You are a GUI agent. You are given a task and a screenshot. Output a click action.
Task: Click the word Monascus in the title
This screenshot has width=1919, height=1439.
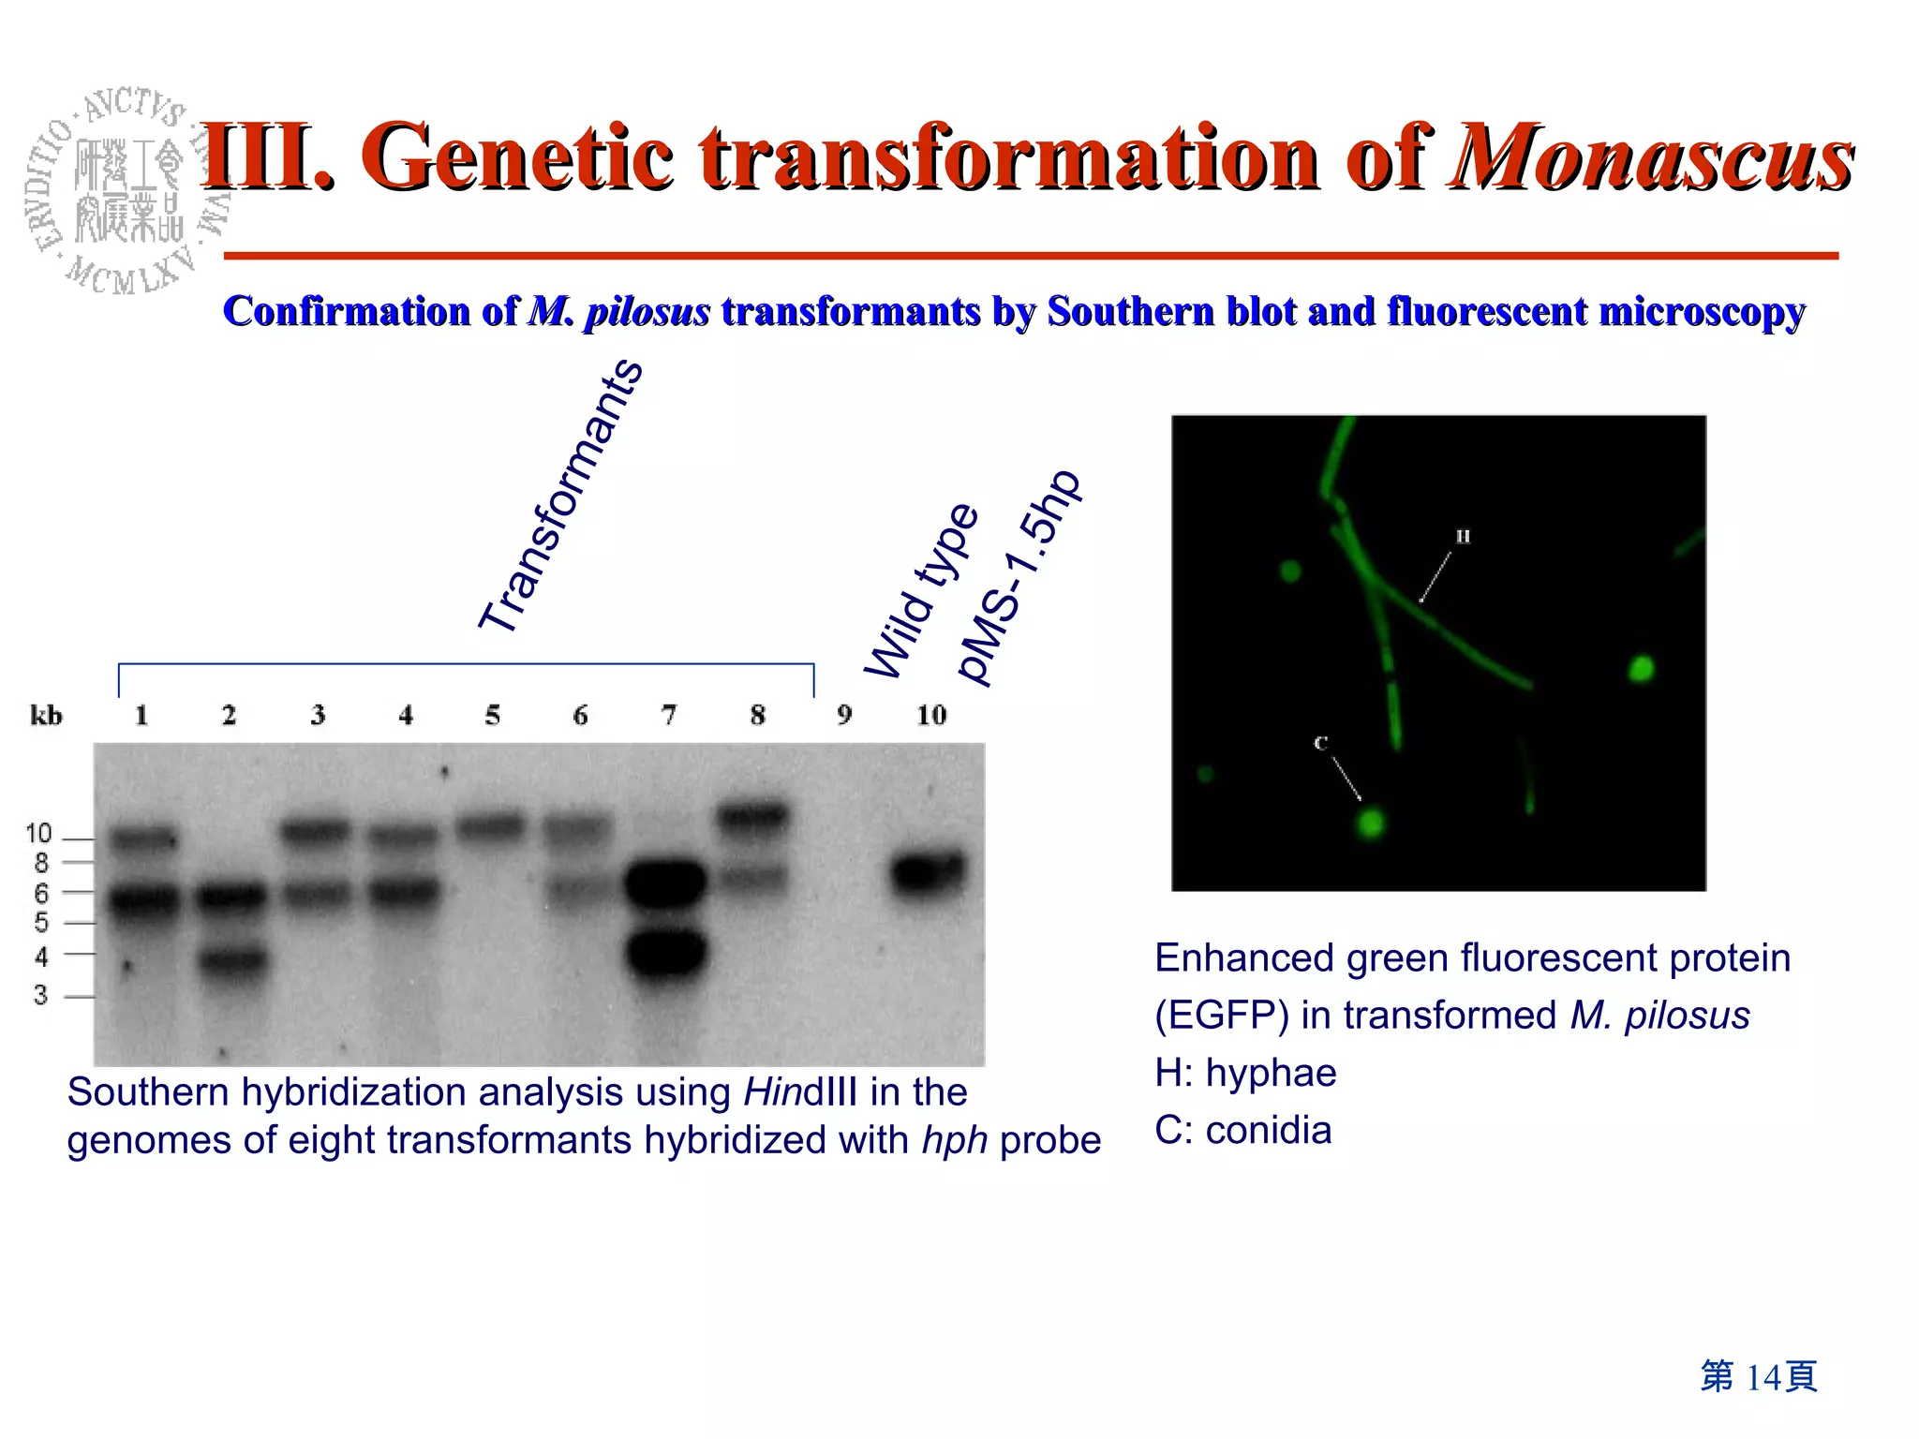[1651, 157]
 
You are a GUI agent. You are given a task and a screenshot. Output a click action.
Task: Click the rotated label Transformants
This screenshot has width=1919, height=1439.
[560, 497]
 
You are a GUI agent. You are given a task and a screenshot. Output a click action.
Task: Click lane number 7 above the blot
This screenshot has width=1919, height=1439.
[668, 716]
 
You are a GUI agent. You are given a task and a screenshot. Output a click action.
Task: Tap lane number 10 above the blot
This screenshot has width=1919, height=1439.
[930, 716]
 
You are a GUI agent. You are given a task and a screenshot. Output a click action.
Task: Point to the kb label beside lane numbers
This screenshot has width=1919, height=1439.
[46, 716]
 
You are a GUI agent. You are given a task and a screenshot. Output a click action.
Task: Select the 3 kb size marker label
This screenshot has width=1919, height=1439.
[40, 995]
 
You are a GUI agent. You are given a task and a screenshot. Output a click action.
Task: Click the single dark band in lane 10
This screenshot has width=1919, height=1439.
[927, 873]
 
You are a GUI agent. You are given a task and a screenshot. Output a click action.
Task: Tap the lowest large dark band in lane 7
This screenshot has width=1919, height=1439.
[666, 953]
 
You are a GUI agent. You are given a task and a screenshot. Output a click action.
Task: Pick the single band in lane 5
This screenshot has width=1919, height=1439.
[490, 826]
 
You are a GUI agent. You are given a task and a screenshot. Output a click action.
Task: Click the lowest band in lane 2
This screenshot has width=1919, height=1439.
[231, 960]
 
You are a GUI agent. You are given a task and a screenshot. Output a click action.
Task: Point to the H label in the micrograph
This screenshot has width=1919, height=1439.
[1463, 537]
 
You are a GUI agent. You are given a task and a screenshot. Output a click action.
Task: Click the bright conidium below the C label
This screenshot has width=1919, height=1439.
[1371, 824]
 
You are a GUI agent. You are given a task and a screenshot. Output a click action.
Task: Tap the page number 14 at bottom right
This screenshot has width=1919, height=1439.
[1762, 1377]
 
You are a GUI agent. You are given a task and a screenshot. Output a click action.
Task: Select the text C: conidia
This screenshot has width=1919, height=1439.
[1242, 1131]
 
